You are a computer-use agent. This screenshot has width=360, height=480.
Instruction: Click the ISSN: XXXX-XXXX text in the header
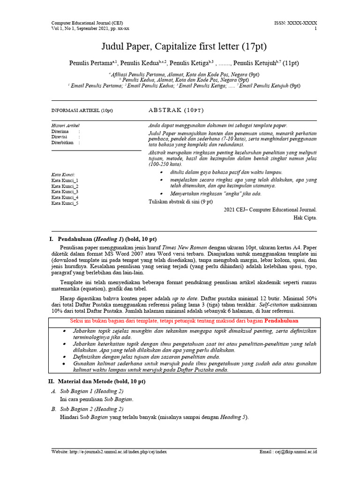[295, 23]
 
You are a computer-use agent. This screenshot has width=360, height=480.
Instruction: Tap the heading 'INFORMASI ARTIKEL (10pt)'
[82, 111]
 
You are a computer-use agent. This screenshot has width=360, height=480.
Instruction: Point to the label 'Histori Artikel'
[65, 126]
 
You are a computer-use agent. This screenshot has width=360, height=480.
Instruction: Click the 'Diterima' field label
[60, 132]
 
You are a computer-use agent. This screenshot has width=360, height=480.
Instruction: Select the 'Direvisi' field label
[60, 137]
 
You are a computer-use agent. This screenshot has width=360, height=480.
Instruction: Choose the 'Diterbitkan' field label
[63, 143]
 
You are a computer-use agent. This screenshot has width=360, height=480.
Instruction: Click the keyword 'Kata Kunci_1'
[65, 180]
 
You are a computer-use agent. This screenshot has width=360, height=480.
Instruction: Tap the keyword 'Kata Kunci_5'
[65, 203]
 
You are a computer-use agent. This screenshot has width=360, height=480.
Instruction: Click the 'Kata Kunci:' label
[63, 175]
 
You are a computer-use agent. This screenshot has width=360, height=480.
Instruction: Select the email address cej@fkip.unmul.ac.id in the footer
[298, 452]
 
